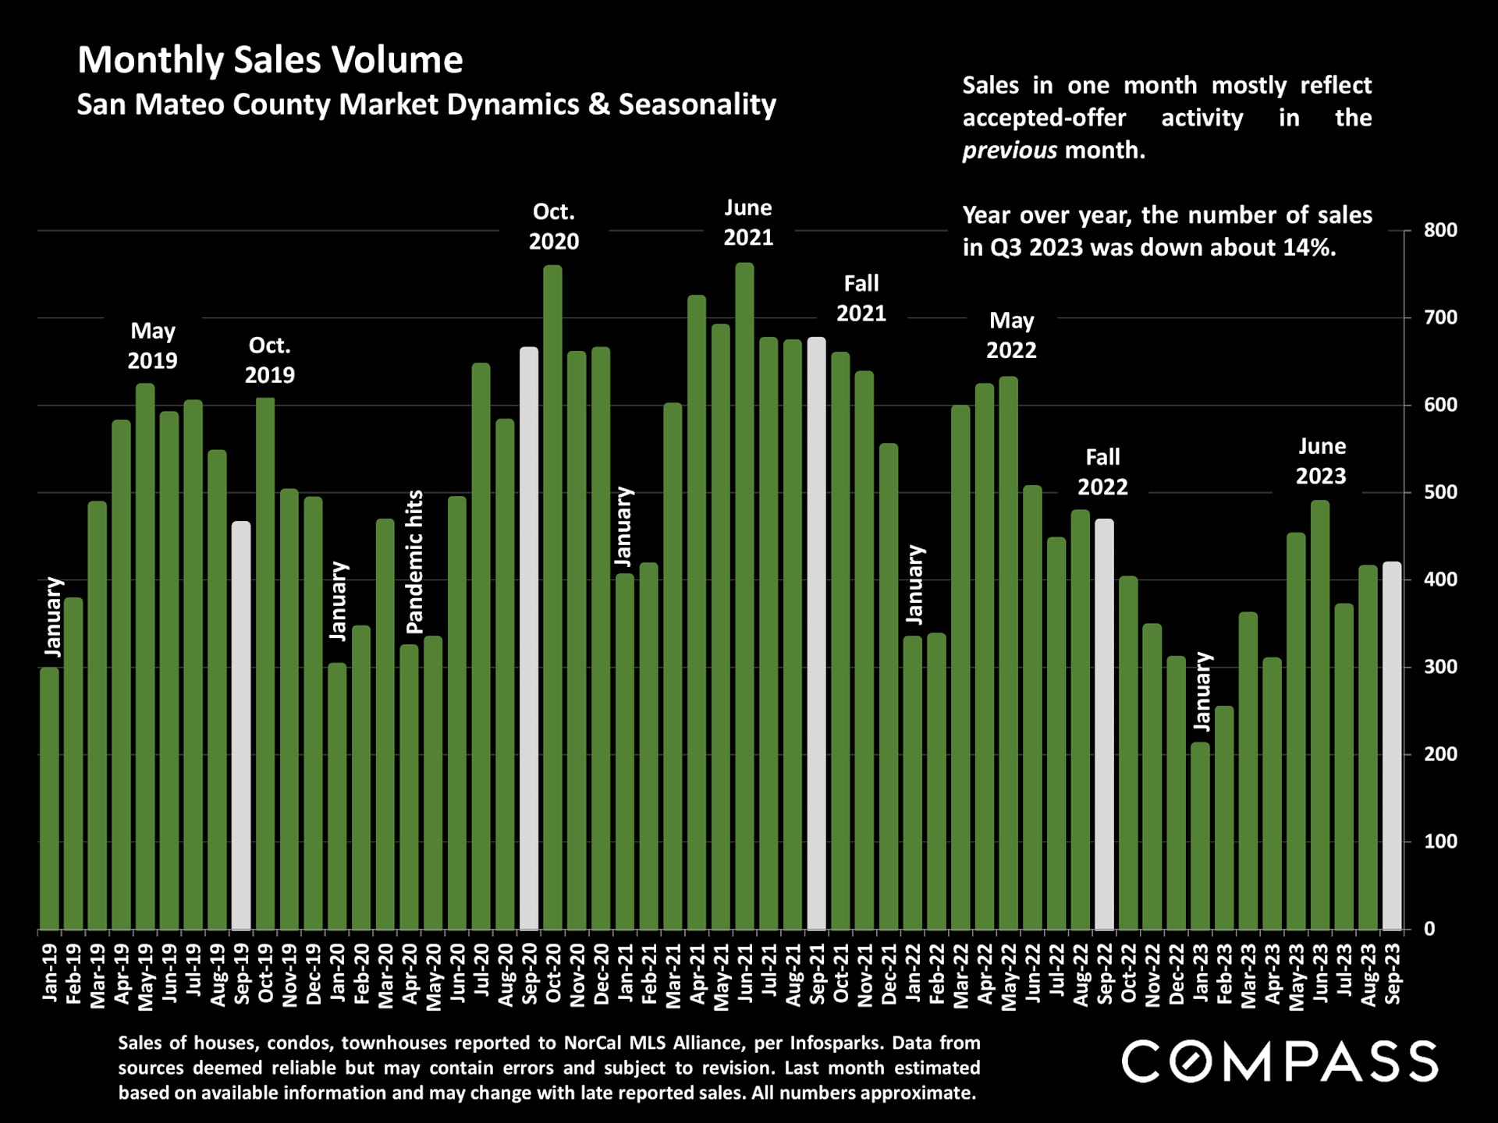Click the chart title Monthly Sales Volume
tap(270, 60)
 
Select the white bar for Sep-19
tap(241, 725)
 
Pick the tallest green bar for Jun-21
tap(745, 597)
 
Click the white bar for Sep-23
tap(1392, 745)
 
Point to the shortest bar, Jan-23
tap(1200, 836)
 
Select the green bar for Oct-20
tap(553, 597)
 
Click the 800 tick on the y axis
tap(1440, 230)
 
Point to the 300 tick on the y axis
tap(1440, 667)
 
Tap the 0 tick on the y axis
tap(1429, 929)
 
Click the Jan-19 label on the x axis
tap(50, 972)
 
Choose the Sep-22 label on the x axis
tap(1105, 973)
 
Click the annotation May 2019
tap(152, 345)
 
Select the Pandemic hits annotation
tap(414, 561)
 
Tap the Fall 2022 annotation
tap(1102, 472)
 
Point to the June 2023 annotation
tap(1321, 461)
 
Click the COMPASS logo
tap(1280, 1062)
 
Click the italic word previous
tap(1010, 150)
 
